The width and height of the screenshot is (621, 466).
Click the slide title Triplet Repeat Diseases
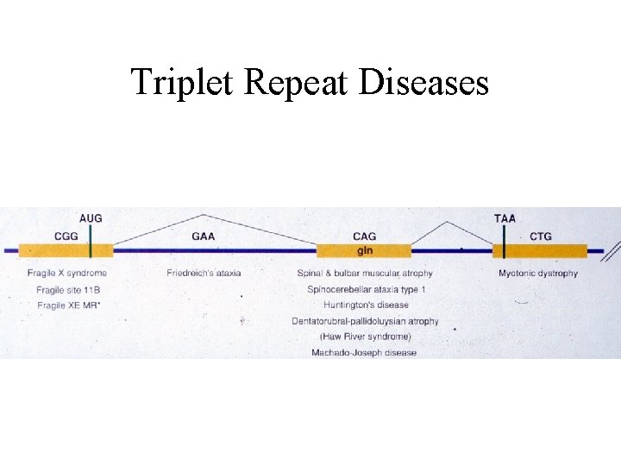tap(310, 83)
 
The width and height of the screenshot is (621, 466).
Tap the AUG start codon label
tap(90, 218)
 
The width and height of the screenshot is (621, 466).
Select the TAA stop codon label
tap(505, 218)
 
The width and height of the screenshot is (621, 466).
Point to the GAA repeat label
tap(204, 236)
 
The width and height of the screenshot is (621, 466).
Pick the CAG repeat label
tap(364, 236)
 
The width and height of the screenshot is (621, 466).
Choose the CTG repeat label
tap(541, 236)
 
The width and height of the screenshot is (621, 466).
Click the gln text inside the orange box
tap(365, 250)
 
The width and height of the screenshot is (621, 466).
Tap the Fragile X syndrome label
tap(67, 274)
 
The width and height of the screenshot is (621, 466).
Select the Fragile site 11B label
tap(67, 289)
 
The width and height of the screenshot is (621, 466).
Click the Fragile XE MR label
tap(67, 305)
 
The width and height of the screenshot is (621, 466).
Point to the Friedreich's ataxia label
tap(204, 274)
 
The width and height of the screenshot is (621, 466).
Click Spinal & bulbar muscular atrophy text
tap(364, 274)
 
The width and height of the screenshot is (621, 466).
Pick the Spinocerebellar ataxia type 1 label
tap(366, 289)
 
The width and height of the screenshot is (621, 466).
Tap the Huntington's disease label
tap(366, 305)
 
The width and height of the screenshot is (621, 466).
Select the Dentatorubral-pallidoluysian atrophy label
tap(365, 321)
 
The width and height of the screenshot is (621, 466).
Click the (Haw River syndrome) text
tap(365, 337)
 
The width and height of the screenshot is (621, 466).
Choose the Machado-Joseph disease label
tap(364, 352)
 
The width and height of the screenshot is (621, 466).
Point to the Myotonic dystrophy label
tap(538, 274)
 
